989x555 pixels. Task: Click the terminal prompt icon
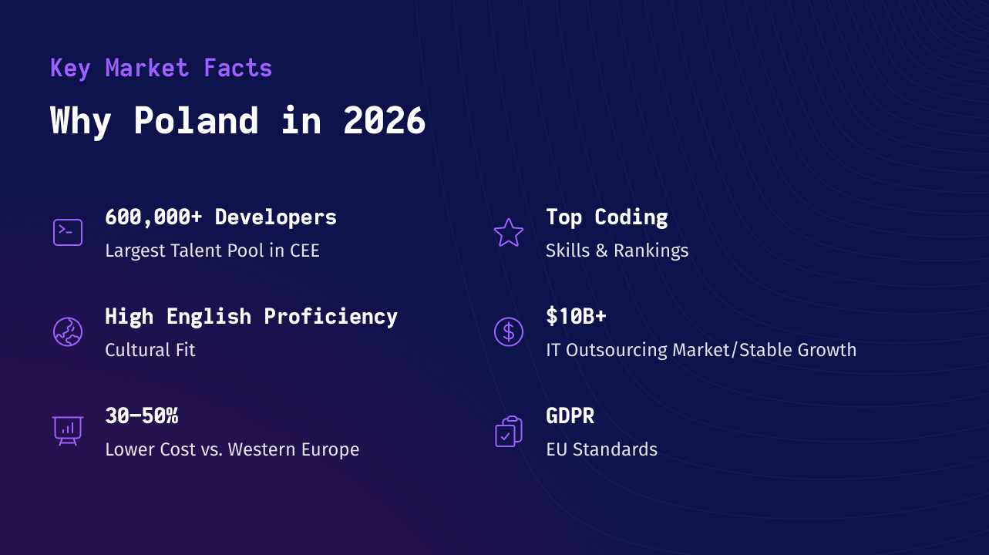pyautogui.click(x=68, y=232)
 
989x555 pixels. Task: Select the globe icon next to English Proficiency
pyautogui.click(x=68, y=331)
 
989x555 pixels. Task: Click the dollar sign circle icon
pyautogui.click(x=509, y=331)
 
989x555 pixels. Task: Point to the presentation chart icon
pyautogui.click(x=68, y=430)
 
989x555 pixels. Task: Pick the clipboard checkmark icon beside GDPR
pyautogui.click(x=509, y=432)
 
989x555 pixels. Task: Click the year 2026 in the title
pyautogui.click(x=384, y=120)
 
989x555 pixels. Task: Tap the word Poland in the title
pyautogui.click(x=196, y=120)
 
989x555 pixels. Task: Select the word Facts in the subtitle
pyautogui.click(x=237, y=68)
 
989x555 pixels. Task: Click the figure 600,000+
pyautogui.click(x=153, y=217)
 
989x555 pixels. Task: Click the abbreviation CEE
pyautogui.click(x=304, y=251)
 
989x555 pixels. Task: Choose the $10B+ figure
pyautogui.click(x=576, y=316)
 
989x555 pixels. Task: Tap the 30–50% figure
pyautogui.click(x=142, y=416)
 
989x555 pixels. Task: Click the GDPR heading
pyautogui.click(x=570, y=416)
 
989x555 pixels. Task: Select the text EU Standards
pyautogui.click(x=602, y=449)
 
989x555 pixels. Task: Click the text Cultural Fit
pyautogui.click(x=150, y=350)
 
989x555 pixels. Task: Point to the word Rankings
pyautogui.click(x=651, y=251)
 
